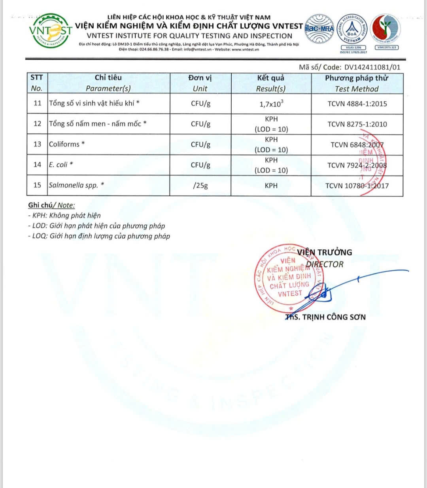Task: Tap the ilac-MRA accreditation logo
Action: click(319, 29)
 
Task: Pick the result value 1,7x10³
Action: click(271, 104)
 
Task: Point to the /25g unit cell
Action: click(200, 185)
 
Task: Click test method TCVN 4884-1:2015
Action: click(357, 104)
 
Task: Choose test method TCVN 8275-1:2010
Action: click(357, 124)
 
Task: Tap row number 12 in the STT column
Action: click(37, 124)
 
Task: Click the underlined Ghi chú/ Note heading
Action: click(51, 205)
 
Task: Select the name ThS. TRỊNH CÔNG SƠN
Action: click(326, 317)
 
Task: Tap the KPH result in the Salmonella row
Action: click(271, 186)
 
